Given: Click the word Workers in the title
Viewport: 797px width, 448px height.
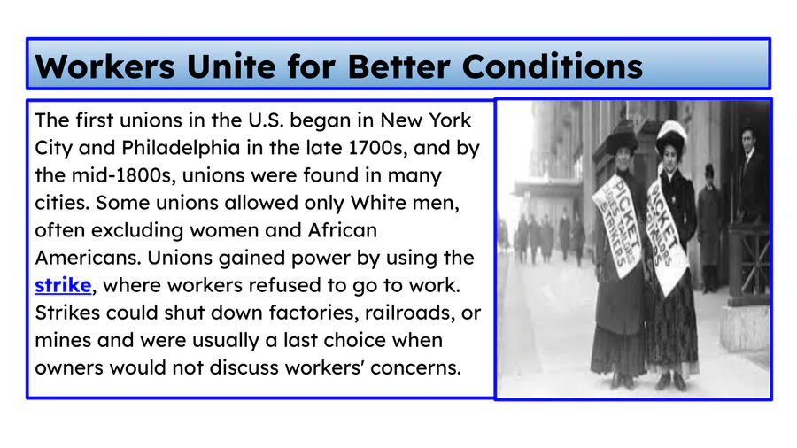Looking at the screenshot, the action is coord(104,66).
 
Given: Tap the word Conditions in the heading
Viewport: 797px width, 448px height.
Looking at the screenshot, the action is coord(553,66).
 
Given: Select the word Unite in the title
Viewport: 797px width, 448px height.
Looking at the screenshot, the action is coord(231,66).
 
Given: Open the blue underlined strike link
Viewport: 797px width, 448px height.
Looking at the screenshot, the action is coord(63,285).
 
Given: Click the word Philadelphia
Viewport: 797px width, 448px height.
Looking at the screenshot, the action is coord(181,148).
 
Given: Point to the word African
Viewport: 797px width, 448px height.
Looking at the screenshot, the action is coord(343,230).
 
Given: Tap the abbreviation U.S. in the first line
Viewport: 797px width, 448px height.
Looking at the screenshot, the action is coord(266,120).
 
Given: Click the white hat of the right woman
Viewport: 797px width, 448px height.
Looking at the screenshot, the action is coord(670,134).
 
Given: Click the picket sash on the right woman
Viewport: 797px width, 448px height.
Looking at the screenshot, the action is coord(668,232).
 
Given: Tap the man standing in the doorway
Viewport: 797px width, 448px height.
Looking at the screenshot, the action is coord(751,173).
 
